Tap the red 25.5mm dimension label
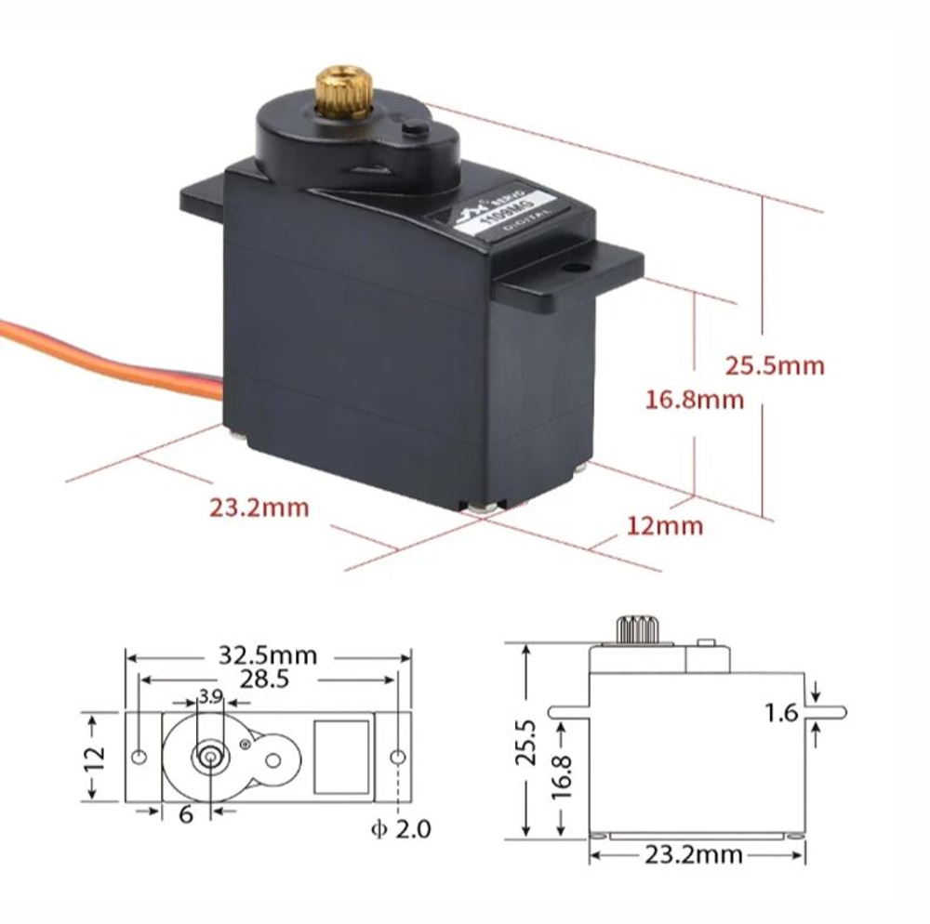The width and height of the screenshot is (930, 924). pyautogui.click(x=775, y=365)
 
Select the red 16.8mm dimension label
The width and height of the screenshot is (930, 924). pyautogui.click(x=695, y=401)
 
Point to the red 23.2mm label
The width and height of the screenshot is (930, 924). pyautogui.click(x=259, y=508)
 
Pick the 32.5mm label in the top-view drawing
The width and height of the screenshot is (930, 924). pyautogui.click(x=268, y=655)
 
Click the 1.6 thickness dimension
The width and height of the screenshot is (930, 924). pyautogui.click(x=782, y=713)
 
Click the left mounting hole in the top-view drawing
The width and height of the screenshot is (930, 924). pyautogui.click(x=139, y=757)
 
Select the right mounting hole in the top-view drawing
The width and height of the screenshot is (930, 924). pyautogui.click(x=396, y=757)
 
